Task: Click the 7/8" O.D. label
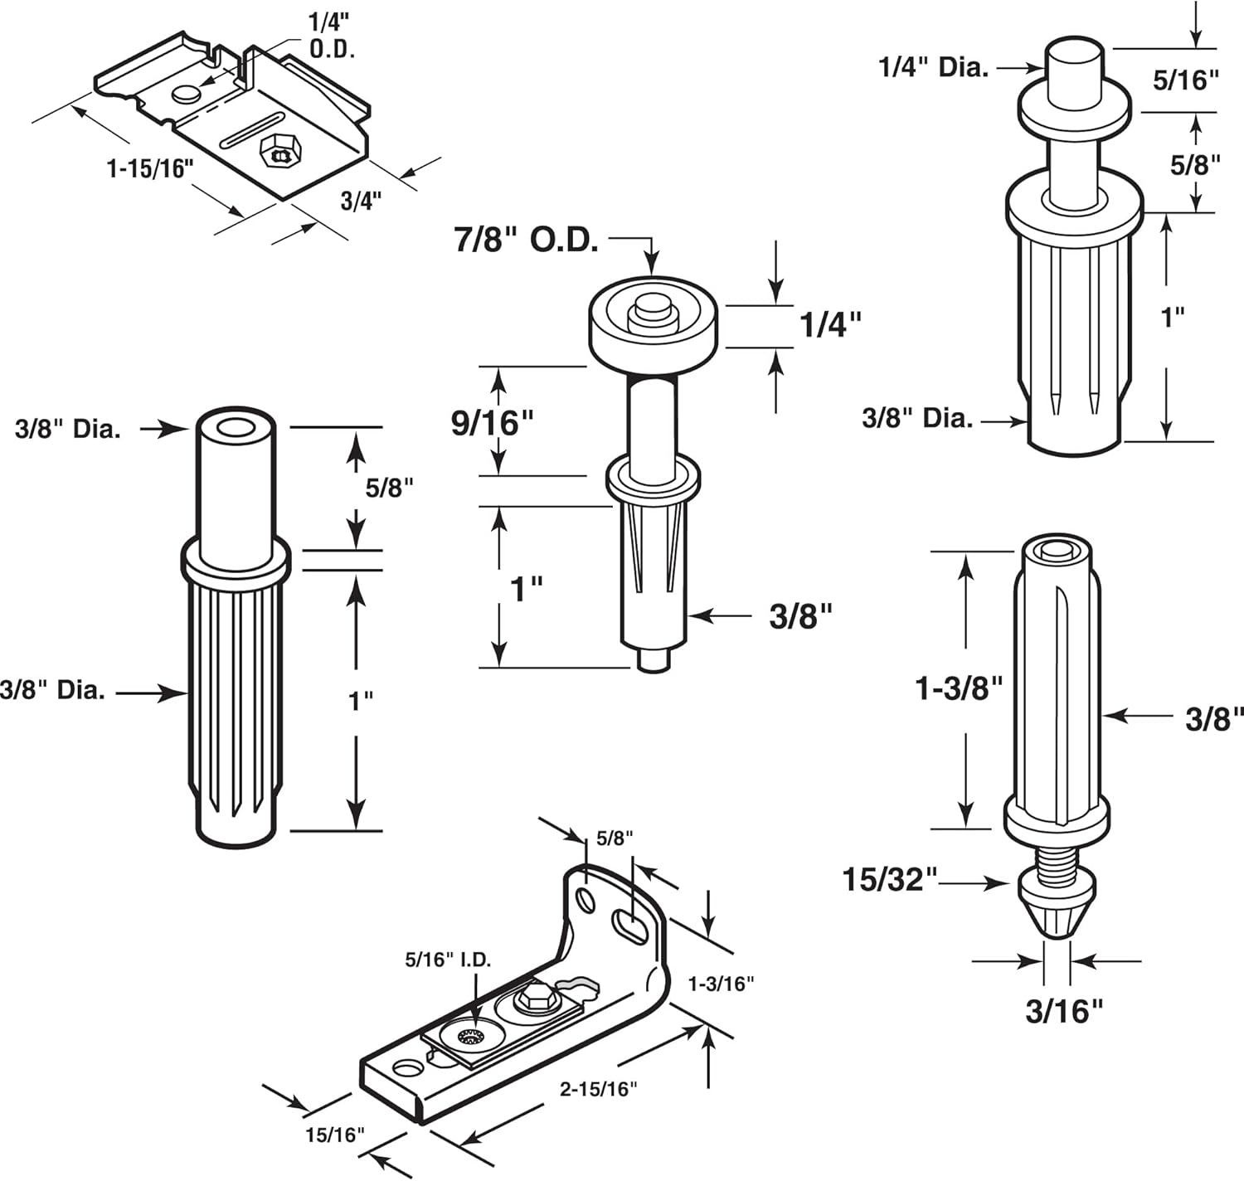[526, 241]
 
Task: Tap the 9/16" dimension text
[492, 422]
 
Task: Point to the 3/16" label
[1065, 1011]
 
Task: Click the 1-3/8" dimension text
[959, 688]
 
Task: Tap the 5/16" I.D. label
[448, 960]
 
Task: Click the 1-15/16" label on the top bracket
[150, 169]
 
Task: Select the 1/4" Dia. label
[934, 67]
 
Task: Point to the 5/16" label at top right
[1187, 80]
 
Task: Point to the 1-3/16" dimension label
[721, 984]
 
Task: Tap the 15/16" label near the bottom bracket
[334, 1135]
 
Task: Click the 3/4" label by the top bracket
[362, 201]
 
